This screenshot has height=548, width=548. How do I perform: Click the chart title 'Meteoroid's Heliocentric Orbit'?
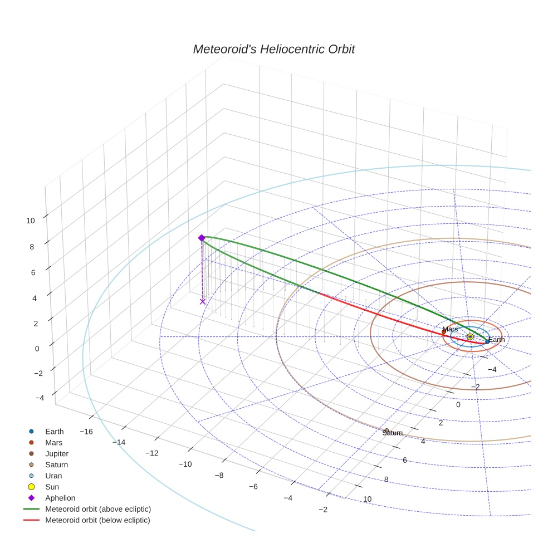click(x=273, y=50)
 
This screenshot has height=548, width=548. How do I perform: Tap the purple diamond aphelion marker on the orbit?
click(x=202, y=238)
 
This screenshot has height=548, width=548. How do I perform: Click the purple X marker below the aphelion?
click(x=203, y=301)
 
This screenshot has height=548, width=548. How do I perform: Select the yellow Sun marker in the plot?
click(x=470, y=336)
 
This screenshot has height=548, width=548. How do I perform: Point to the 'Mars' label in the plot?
click(x=450, y=329)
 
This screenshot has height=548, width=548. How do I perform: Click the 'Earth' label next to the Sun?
click(x=496, y=340)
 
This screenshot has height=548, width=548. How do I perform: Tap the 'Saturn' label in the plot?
click(x=392, y=433)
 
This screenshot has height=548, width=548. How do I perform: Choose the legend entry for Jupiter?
click(x=57, y=454)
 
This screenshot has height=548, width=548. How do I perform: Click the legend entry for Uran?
click(x=53, y=476)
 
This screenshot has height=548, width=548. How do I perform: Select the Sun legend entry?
click(x=52, y=487)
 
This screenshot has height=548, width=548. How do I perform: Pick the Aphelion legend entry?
click(x=60, y=498)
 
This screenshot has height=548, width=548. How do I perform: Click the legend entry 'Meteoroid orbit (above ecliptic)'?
click(x=98, y=509)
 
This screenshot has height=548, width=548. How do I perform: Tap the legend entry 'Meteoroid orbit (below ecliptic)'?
click(x=98, y=520)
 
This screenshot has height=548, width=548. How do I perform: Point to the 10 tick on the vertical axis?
click(x=30, y=221)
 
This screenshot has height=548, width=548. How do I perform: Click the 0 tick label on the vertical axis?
click(x=37, y=349)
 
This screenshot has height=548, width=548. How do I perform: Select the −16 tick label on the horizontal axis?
click(x=86, y=432)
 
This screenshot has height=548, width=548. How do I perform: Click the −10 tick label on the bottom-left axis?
click(x=185, y=464)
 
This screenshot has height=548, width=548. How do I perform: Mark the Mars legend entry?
click(x=53, y=443)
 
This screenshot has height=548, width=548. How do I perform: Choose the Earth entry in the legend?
click(x=54, y=432)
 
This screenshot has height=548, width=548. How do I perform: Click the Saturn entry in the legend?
click(x=56, y=465)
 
